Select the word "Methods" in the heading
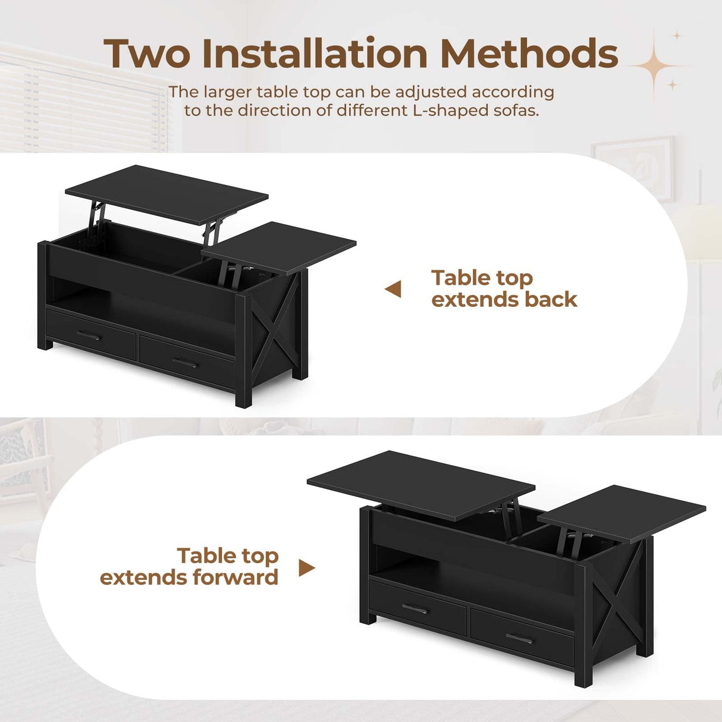point(529,54)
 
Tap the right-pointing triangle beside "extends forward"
point(306,568)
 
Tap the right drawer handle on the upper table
point(185,362)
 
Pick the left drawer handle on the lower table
point(415,608)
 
